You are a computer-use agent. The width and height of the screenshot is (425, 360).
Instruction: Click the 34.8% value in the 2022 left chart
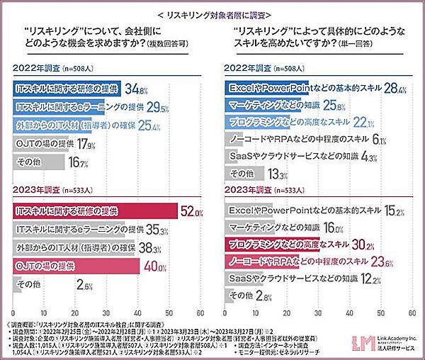(135, 90)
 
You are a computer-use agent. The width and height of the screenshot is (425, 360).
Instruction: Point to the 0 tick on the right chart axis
(223, 312)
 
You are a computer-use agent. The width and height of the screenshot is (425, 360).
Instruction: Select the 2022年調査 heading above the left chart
(35, 69)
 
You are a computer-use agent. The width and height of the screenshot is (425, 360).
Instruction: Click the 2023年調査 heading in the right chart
(246, 191)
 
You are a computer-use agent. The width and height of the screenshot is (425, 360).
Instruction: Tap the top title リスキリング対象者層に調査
(212, 14)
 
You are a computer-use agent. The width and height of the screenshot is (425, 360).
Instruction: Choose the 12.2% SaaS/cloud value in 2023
(358, 279)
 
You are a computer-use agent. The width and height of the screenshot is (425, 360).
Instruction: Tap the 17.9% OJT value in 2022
(86, 144)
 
